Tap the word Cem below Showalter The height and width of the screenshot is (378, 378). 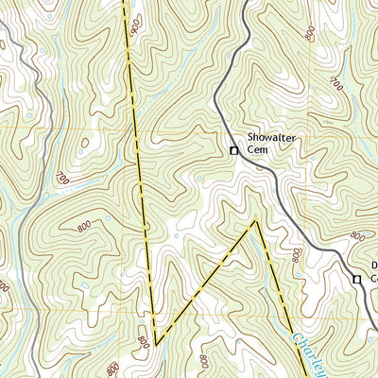point(257,148)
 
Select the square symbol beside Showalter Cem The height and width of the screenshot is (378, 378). point(234,149)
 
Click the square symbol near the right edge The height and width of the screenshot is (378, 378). point(357,280)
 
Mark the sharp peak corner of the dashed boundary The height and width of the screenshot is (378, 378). point(255,221)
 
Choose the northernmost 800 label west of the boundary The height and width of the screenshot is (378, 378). point(84,228)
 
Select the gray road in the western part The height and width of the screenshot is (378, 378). point(28,189)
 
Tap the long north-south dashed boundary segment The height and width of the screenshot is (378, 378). point(139,170)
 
